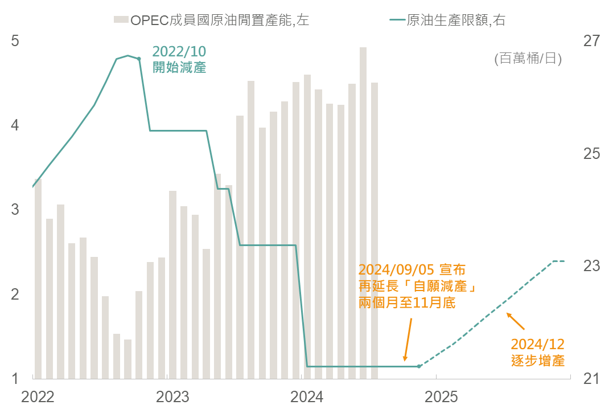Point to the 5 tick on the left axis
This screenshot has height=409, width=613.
click(x=15, y=41)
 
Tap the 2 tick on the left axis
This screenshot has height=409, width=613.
click(x=15, y=295)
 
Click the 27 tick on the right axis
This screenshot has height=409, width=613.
click(x=591, y=41)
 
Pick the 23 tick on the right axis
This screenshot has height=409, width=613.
click(x=591, y=266)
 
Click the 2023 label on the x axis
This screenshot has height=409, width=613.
click(x=172, y=396)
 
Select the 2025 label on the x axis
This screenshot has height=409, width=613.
click(x=441, y=396)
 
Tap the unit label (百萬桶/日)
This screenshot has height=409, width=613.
click(x=528, y=58)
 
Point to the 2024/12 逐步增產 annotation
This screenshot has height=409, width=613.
click(x=537, y=352)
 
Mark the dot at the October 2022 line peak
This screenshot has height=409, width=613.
click(x=139, y=58)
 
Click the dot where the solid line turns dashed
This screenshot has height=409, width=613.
click(x=419, y=366)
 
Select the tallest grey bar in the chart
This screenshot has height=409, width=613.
click(x=363, y=212)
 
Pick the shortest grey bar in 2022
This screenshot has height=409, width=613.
click(x=127, y=359)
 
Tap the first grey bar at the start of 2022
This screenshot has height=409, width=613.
click(x=38, y=279)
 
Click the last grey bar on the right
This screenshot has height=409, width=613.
click(x=375, y=230)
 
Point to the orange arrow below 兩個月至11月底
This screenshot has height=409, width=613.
click(x=408, y=339)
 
